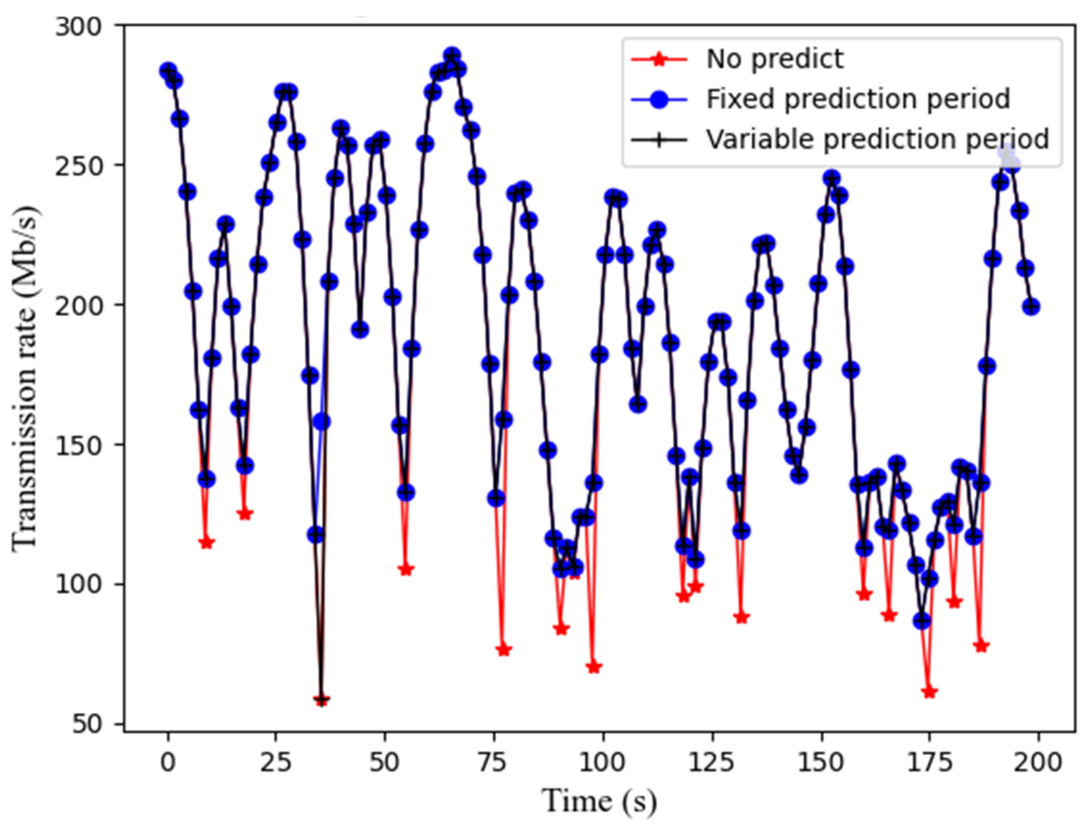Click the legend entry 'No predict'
tap(774, 60)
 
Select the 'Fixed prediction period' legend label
tap(858, 99)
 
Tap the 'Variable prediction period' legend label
tap(878, 139)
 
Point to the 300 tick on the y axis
tap(79, 26)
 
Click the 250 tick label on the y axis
tap(79, 165)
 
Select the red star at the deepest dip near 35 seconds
tap(321, 700)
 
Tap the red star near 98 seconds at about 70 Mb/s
tap(594, 667)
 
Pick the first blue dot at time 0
tap(168, 71)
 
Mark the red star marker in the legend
tap(659, 60)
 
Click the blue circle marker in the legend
tap(659, 100)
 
